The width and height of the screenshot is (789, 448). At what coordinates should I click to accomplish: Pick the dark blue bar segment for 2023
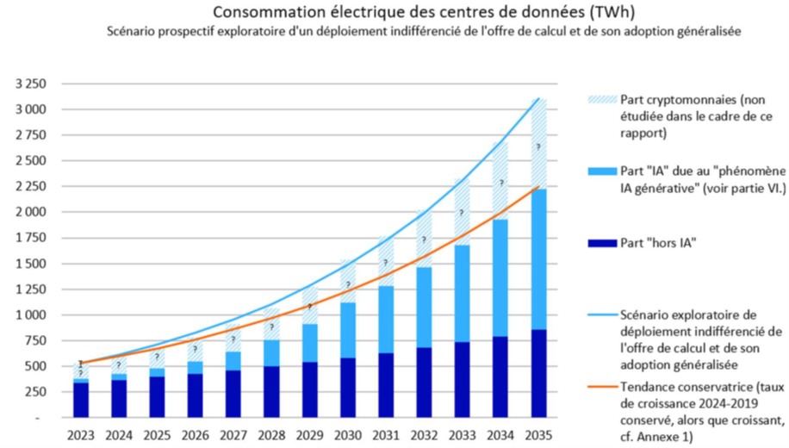click(80, 400)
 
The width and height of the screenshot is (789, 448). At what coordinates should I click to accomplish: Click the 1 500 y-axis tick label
click(34, 264)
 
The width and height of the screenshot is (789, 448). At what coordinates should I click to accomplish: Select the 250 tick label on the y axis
click(39, 392)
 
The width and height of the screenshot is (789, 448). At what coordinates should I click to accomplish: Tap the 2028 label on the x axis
click(271, 434)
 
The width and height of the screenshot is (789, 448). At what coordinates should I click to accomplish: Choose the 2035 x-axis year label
click(538, 434)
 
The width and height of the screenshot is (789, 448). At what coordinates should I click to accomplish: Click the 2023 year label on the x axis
click(80, 434)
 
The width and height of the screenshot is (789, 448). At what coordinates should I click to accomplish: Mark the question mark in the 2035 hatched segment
click(538, 147)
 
